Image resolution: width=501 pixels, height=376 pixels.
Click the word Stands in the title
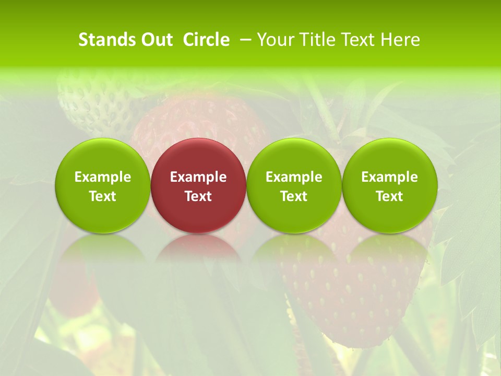pos(106,40)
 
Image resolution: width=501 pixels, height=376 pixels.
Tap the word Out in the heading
pos(156,40)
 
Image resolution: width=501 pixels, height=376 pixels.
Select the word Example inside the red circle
pos(198,177)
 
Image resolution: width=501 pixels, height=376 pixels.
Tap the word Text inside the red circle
pos(198,196)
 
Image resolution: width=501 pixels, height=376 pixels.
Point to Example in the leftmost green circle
pos(103,177)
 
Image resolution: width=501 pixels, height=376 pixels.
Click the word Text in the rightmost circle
pos(390,196)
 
